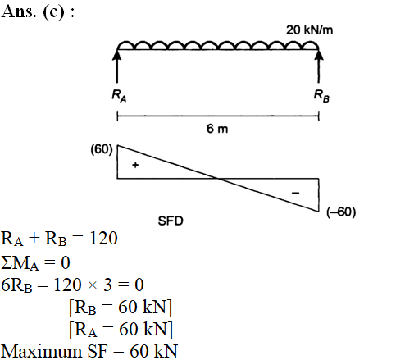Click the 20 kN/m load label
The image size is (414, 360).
click(309, 30)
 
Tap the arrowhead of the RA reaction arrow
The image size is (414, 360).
click(117, 54)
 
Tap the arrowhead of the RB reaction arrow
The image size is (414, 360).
click(319, 54)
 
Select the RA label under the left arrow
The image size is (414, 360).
click(119, 96)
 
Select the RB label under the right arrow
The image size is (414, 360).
click(321, 96)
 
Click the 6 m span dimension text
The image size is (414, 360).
click(217, 129)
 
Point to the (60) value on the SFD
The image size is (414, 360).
click(102, 149)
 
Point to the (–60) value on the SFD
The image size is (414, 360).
click(341, 212)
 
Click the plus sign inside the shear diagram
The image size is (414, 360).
click(135, 165)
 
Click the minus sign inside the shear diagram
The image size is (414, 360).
click(295, 193)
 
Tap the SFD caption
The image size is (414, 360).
click(171, 221)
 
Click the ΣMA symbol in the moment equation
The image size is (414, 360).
click(20, 263)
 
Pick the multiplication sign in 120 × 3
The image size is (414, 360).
click(93, 285)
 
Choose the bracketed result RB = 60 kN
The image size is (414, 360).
click(121, 308)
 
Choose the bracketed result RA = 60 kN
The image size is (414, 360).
click(121, 329)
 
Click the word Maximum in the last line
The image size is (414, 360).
click(42, 351)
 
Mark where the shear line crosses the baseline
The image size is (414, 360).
click(218, 179)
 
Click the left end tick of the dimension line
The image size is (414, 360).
click(117, 116)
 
